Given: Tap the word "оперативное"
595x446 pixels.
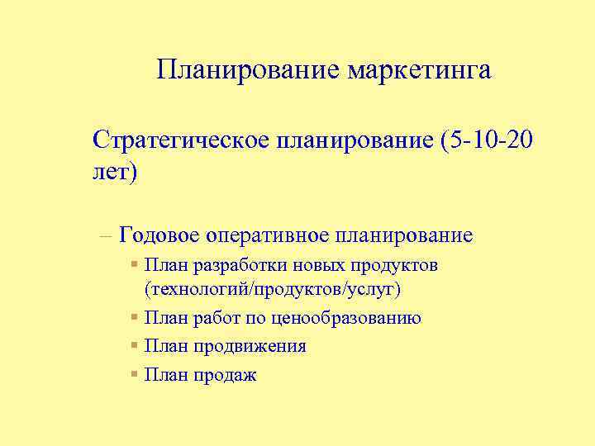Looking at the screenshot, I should (x=267, y=235).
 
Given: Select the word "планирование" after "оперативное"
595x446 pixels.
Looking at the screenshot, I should (x=404, y=235).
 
